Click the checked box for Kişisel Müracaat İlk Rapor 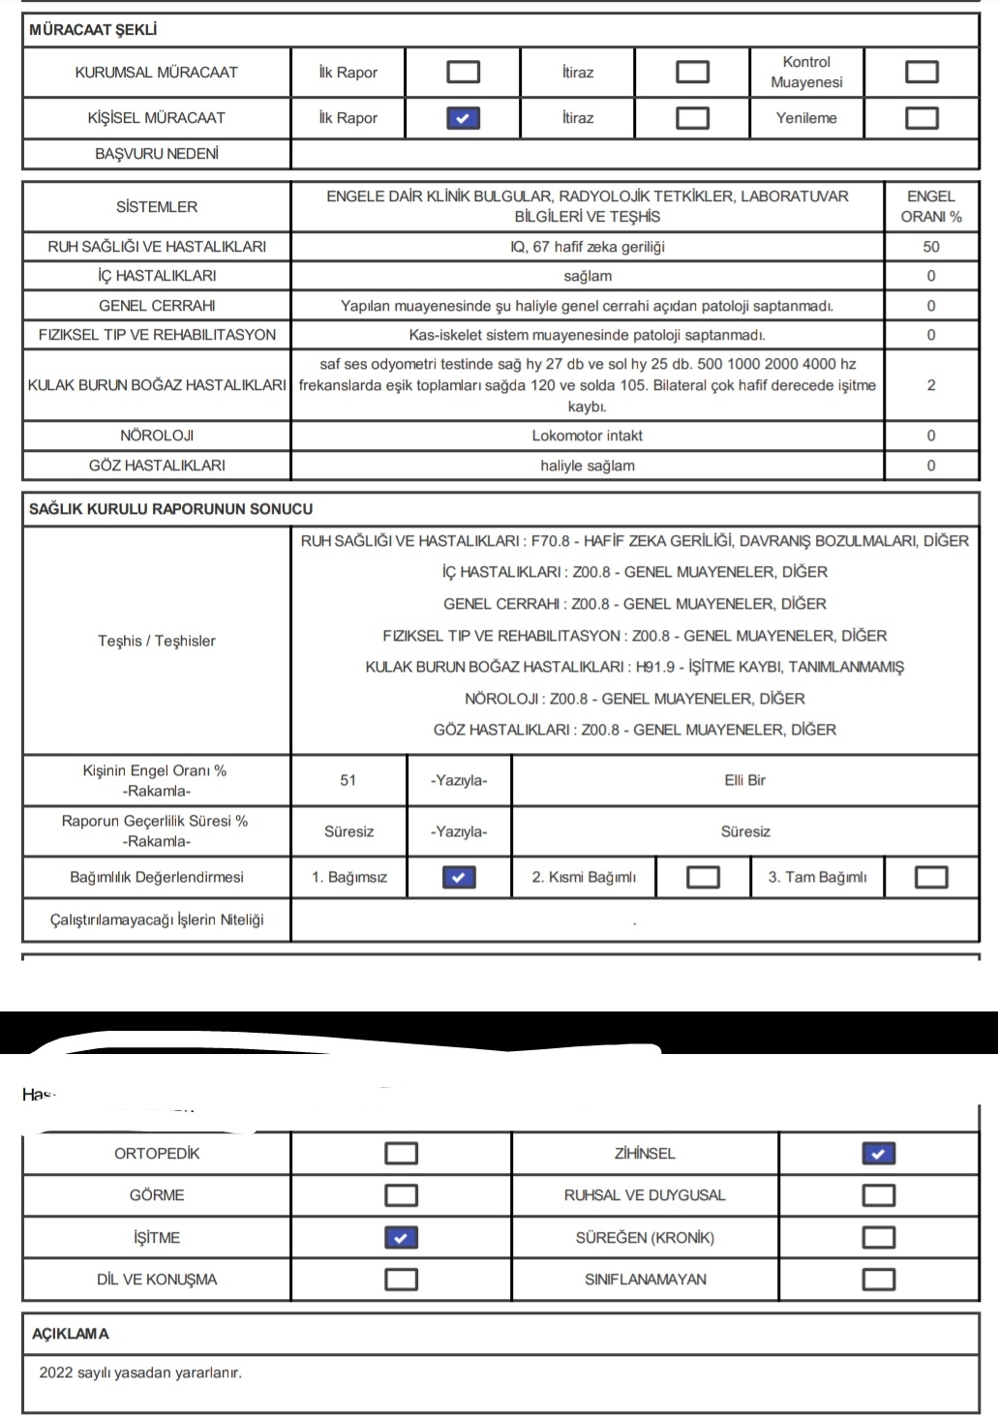463,118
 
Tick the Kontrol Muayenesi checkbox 921,72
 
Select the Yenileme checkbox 921,118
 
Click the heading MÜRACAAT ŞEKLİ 93,30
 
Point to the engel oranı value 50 930,247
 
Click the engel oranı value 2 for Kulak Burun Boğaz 930,385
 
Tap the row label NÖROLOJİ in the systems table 157,436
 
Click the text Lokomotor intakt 587,436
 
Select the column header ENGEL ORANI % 930,207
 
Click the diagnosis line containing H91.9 634,667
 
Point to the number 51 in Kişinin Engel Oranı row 348,780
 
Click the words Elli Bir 744,780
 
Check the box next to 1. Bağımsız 458,877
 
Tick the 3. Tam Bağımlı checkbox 930,877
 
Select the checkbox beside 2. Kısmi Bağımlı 703,877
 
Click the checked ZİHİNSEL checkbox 878,1154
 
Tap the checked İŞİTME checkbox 401,1238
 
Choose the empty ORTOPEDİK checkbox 401,1154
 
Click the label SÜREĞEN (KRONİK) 645,1238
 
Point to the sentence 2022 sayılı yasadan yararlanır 140,1372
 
